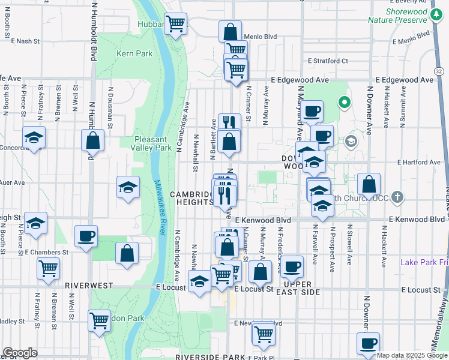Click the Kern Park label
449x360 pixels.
(135, 53)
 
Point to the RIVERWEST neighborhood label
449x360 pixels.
(88, 286)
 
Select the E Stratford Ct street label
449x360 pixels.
(328, 61)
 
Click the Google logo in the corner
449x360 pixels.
(19, 353)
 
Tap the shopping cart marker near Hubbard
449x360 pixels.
(176, 25)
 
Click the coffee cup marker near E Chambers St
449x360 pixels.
(86, 236)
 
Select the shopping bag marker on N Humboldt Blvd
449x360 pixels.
(93, 141)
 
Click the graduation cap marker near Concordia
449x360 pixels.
(34, 137)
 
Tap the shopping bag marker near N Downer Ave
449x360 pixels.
(369, 184)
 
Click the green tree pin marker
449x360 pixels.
(345, 103)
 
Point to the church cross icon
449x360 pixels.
(397, 197)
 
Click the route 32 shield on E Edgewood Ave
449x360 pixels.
(441, 71)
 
